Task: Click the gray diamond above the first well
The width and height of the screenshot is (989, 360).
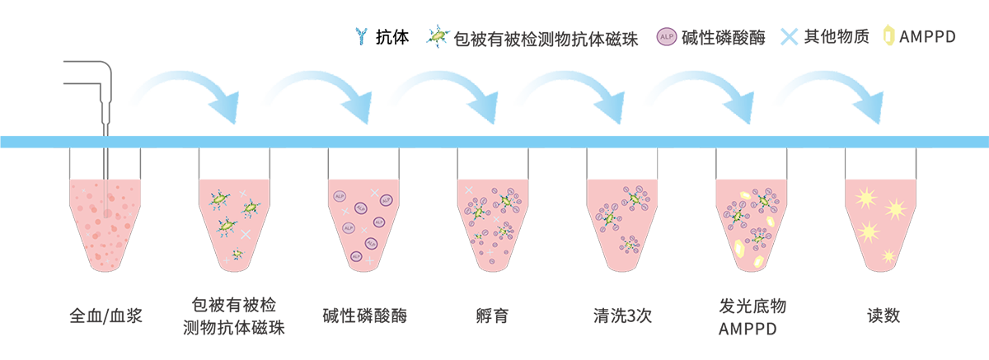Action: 101,155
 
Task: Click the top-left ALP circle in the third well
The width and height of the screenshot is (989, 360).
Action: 340,197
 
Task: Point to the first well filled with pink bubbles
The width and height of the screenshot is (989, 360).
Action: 102,218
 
